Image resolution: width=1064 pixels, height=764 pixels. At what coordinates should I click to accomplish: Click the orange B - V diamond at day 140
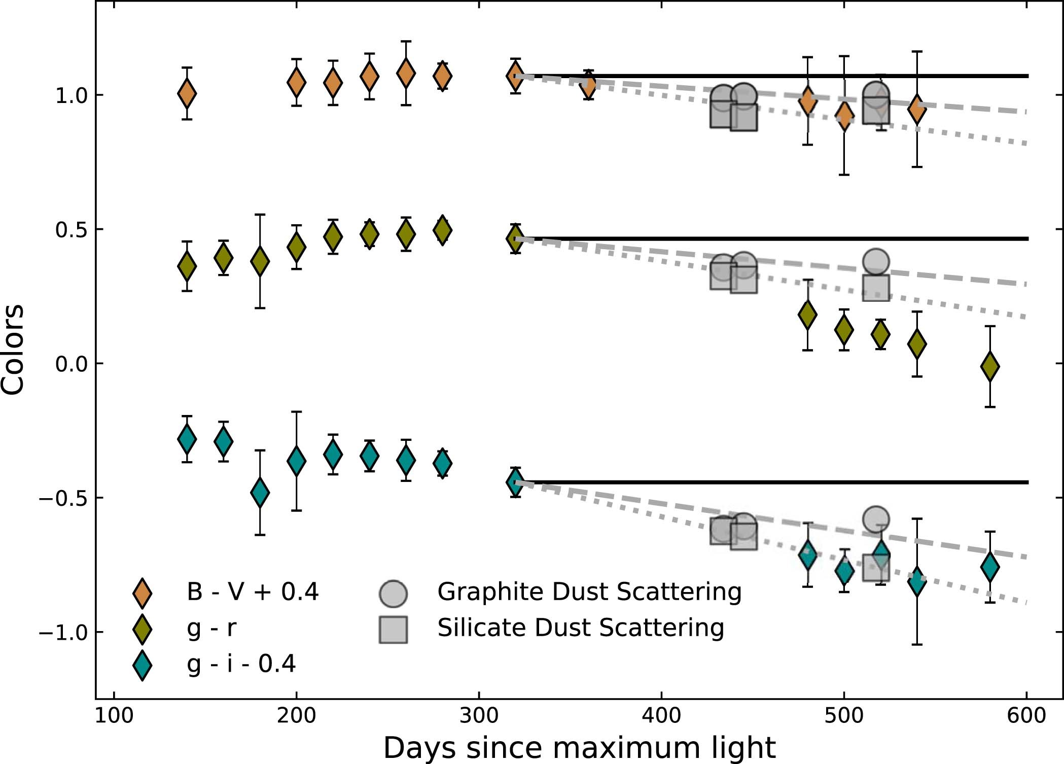(x=187, y=93)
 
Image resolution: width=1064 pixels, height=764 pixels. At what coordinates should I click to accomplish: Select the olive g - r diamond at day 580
(x=990, y=366)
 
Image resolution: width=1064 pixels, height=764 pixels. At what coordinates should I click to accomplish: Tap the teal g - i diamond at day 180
(x=260, y=492)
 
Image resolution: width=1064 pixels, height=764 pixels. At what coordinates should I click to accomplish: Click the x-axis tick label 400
(x=661, y=716)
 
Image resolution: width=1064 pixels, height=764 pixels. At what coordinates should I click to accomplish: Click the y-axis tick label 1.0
(x=72, y=95)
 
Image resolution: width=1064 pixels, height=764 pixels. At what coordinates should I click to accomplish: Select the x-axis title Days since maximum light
(x=579, y=747)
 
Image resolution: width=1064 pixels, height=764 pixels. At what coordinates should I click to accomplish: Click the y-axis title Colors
(x=13, y=349)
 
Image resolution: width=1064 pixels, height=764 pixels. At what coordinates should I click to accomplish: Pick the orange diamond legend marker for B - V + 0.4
(x=142, y=593)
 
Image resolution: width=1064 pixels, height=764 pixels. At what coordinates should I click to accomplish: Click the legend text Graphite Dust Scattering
(x=589, y=592)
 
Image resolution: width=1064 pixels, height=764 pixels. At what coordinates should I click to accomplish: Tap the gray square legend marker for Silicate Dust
(x=394, y=630)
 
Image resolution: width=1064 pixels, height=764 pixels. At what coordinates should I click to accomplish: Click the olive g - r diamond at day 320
(x=516, y=238)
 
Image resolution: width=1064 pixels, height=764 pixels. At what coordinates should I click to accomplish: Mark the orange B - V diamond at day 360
(x=588, y=85)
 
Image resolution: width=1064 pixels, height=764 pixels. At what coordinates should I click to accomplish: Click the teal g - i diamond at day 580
(x=990, y=567)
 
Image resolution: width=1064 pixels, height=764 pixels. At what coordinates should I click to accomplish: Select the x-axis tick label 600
(x=1026, y=716)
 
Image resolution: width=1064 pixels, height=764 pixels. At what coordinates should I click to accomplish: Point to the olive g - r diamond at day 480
(x=807, y=315)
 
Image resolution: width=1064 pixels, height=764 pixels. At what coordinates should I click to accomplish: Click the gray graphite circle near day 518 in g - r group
(x=876, y=262)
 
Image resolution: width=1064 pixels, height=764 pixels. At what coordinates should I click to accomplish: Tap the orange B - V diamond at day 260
(x=406, y=73)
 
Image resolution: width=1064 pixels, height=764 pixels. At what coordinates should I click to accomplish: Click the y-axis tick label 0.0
(x=72, y=364)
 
